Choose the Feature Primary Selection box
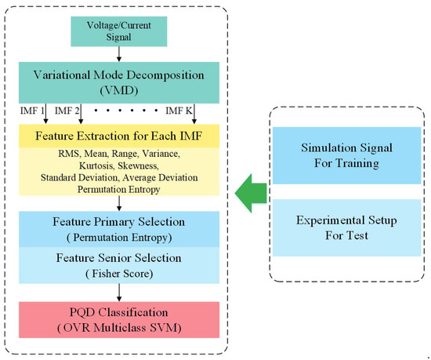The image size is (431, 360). (120, 229)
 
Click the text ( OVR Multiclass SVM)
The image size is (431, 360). (120, 331)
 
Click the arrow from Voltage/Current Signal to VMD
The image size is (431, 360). (120, 53)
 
